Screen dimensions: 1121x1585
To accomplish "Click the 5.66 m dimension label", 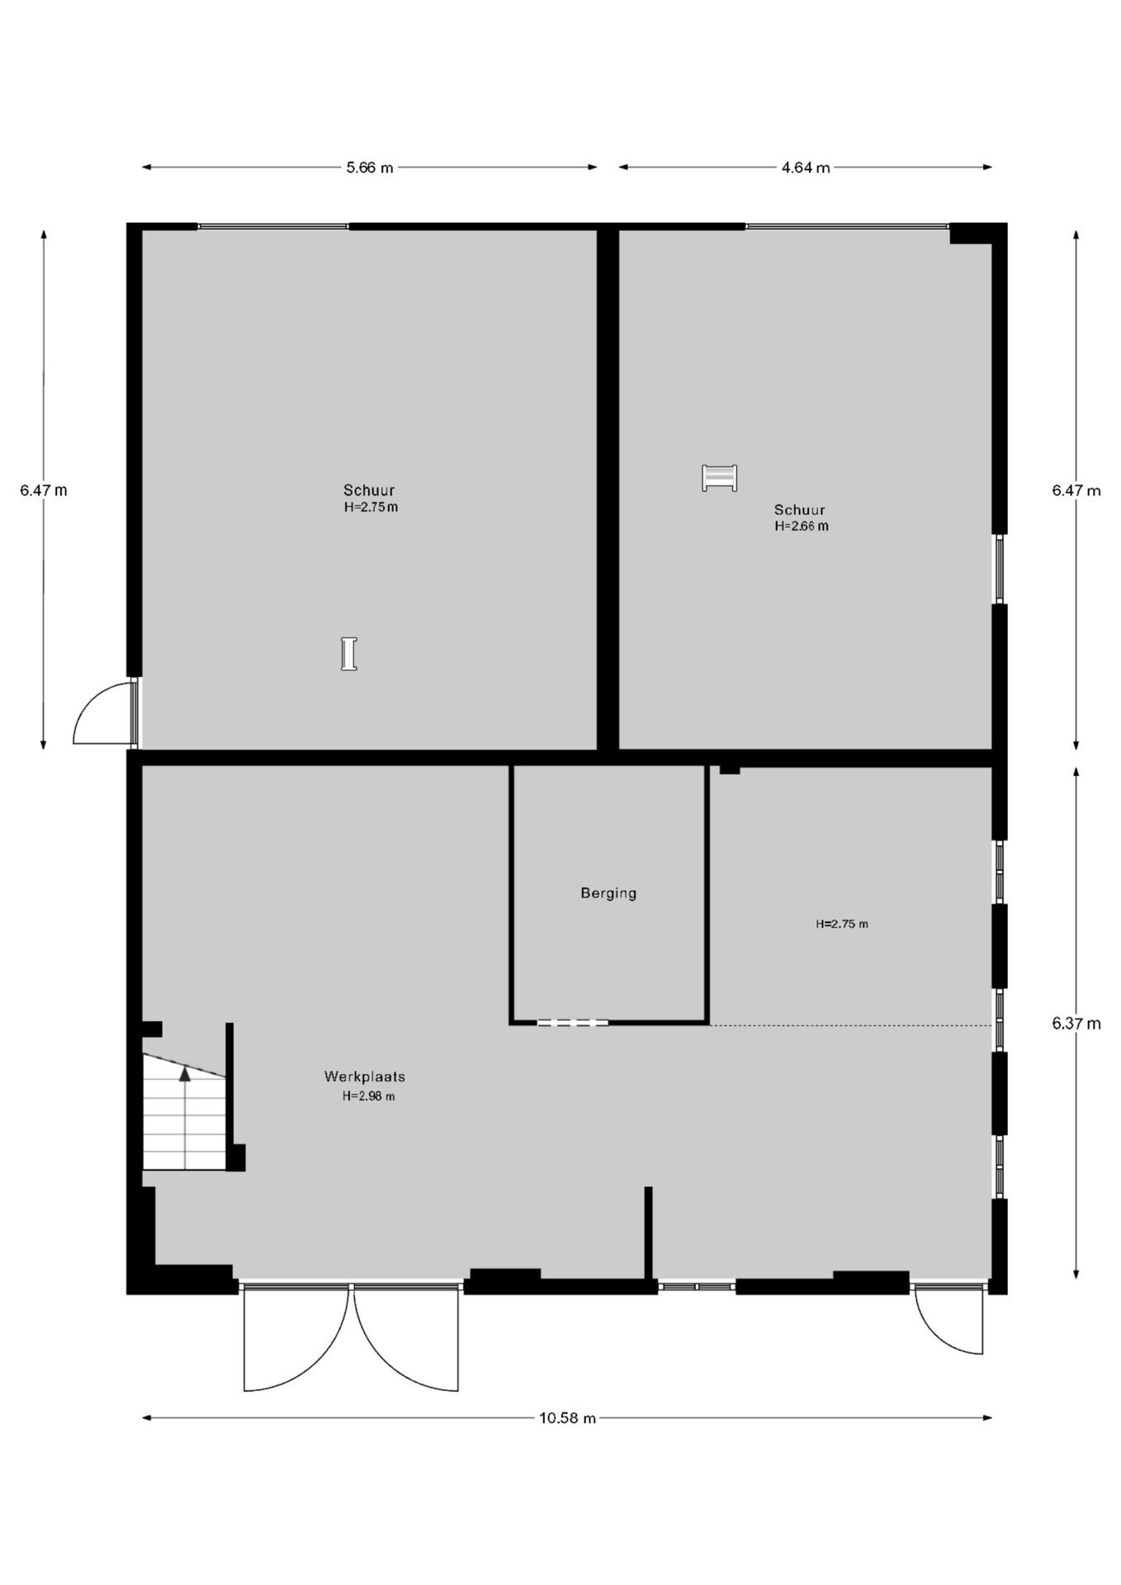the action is [369, 168].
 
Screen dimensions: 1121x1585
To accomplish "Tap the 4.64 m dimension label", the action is [806, 168].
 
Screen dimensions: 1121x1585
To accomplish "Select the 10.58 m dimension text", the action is [567, 1418].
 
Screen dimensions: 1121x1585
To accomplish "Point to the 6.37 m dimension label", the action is [1076, 1024].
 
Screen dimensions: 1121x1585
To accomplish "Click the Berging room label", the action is [608, 893].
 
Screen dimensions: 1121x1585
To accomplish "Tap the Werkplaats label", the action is [364, 1076].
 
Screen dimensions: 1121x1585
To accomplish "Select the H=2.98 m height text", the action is [369, 1096].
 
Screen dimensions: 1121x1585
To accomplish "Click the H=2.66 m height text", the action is [802, 526].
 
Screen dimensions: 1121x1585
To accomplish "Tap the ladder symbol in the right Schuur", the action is [719, 478].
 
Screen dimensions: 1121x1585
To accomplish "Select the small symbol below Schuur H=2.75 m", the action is [349, 654].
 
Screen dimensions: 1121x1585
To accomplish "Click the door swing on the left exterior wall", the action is [104, 712].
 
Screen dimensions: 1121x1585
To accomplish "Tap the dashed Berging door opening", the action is [573, 1023].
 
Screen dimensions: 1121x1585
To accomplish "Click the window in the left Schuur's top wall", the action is [273, 226].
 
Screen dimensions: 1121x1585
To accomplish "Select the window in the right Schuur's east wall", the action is [1000, 569].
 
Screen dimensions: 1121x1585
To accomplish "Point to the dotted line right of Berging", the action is [850, 1025].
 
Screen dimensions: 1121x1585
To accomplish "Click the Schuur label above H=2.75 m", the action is [369, 490].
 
